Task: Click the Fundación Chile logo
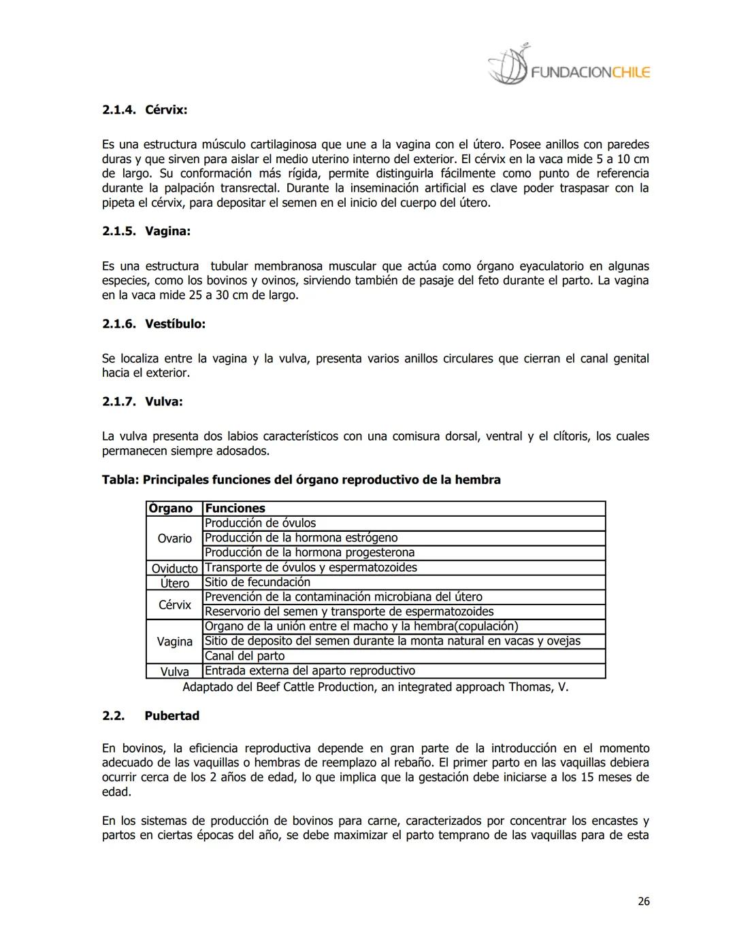[x=568, y=67]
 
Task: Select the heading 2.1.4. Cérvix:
[x=144, y=109]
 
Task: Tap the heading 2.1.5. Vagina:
[x=146, y=231]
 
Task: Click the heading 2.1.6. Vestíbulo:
[x=153, y=324]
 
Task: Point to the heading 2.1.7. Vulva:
[x=142, y=401]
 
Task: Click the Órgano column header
[x=171, y=508]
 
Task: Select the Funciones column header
[x=235, y=508]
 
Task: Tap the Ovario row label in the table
[x=174, y=538]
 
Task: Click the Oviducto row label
[x=174, y=568]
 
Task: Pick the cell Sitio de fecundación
[x=257, y=582]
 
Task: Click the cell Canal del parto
[x=244, y=656]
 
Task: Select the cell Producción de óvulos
[x=260, y=523]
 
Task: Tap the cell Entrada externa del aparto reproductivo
[x=310, y=671]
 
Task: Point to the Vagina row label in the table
[x=174, y=641]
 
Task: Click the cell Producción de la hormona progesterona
[x=309, y=552]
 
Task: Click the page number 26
[x=643, y=901]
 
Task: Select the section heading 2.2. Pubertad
[x=150, y=715]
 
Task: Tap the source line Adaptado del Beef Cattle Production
[x=375, y=687]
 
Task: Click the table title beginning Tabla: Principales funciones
[x=301, y=479]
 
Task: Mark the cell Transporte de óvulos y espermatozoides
[x=310, y=567]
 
